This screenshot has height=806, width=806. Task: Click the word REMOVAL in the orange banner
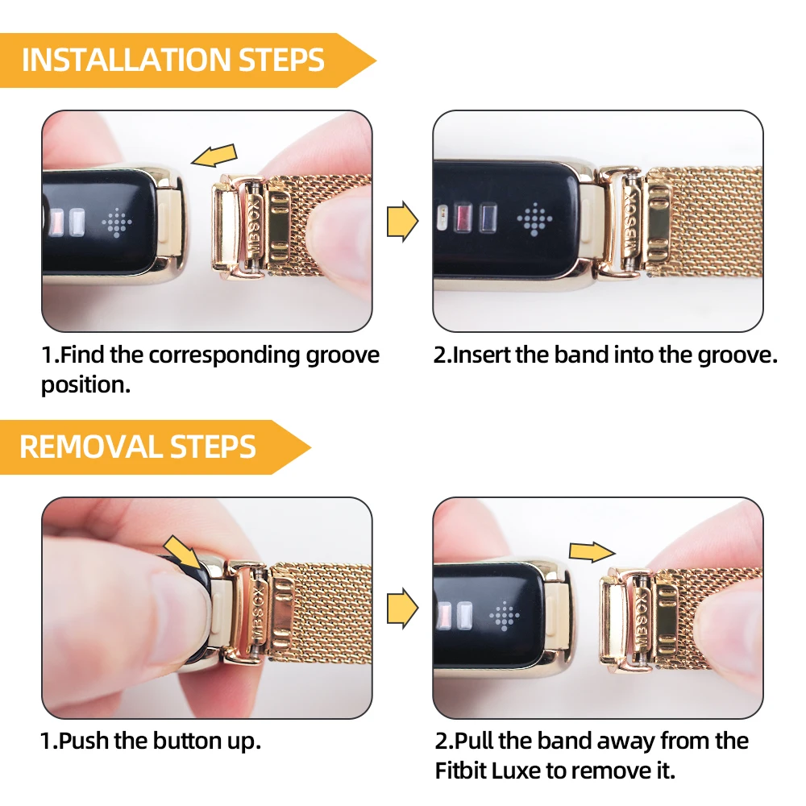[80, 447]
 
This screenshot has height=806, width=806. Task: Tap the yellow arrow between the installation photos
[402, 220]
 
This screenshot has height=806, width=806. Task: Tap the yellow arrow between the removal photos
[402, 609]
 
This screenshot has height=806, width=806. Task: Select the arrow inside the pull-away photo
[592, 550]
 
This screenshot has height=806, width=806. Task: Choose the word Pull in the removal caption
[476, 742]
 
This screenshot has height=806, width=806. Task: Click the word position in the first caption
[85, 384]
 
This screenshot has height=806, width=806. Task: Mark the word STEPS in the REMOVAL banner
[214, 447]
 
